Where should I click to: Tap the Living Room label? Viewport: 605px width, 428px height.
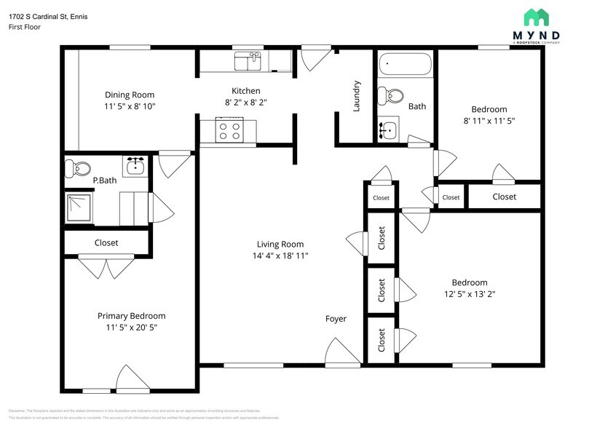click(x=280, y=245)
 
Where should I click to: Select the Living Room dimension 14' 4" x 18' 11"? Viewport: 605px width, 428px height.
click(x=280, y=256)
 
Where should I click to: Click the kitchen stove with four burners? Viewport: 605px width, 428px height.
click(x=230, y=131)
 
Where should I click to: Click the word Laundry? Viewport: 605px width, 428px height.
click(x=357, y=95)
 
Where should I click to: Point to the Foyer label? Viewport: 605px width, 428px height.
click(x=336, y=319)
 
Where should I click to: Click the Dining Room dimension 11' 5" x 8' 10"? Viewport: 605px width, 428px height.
click(x=130, y=106)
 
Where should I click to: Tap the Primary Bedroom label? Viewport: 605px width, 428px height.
click(x=131, y=316)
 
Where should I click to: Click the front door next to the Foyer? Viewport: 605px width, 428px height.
click(x=343, y=353)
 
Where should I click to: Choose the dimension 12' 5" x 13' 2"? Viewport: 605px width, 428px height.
click(x=470, y=294)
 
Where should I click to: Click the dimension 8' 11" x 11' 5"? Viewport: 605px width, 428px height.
click(x=489, y=121)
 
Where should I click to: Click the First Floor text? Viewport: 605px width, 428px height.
click(x=25, y=27)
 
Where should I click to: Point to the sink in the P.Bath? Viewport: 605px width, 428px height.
click(x=135, y=167)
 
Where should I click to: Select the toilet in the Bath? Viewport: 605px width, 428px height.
click(x=394, y=95)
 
